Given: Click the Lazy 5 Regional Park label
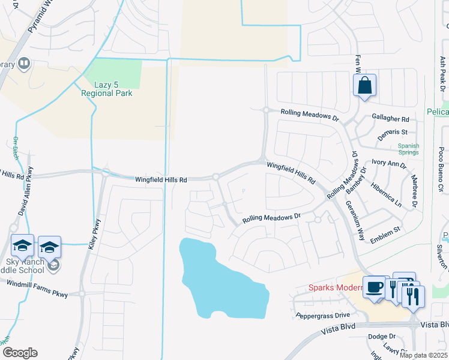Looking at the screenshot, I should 107,89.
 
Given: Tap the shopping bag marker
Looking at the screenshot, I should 364,86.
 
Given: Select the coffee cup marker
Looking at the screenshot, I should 374,287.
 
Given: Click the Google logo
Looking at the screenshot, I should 20,353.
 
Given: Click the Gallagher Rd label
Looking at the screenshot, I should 390,119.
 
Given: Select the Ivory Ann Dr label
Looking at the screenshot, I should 389,163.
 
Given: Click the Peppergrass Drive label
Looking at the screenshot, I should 322,315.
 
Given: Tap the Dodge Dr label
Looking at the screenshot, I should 382,337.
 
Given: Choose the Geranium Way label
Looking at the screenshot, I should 354,219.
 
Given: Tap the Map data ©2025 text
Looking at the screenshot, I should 423,355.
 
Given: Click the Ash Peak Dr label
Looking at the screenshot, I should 442,74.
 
